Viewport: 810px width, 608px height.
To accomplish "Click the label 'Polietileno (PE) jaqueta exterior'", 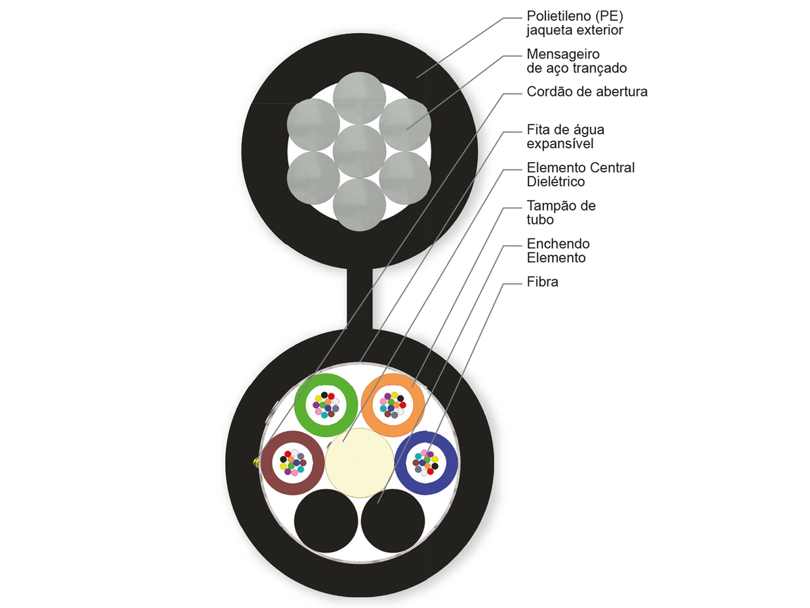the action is pyautogui.click(x=574, y=23).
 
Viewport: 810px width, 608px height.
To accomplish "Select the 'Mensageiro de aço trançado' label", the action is pyautogui.click(x=576, y=61).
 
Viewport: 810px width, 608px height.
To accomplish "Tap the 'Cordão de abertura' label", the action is pyautogui.click(x=587, y=92).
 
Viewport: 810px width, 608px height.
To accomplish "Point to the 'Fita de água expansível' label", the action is pyautogui.click(x=566, y=136).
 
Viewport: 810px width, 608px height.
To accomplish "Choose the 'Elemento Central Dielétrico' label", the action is pyautogui.click(x=580, y=174).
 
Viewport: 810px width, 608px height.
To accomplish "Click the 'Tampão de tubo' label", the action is pyautogui.click(x=561, y=213).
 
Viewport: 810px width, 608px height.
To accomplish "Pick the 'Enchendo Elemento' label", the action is pyautogui.click(x=558, y=251).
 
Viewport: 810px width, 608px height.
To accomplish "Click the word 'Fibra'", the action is pyautogui.click(x=542, y=282).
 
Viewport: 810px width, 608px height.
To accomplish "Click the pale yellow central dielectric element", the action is pyautogui.click(x=359, y=463).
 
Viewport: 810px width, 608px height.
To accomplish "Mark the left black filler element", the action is pyautogui.click(x=326, y=521).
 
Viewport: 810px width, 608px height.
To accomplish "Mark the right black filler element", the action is pyautogui.click(x=393, y=521).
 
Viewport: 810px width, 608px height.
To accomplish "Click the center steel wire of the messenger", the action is pyautogui.click(x=359, y=151).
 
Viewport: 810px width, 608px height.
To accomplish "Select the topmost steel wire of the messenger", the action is pyautogui.click(x=359, y=98).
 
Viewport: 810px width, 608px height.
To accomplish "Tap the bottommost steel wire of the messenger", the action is pyautogui.click(x=359, y=205).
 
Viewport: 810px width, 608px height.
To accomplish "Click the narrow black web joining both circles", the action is pyautogui.click(x=359, y=299).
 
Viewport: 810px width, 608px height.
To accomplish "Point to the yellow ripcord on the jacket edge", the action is pyautogui.click(x=256, y=463).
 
